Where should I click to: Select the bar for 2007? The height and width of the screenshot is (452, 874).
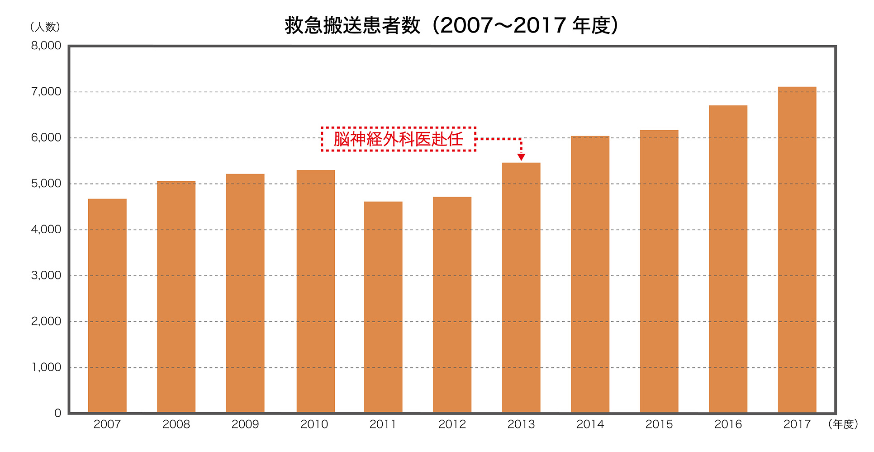[107, 306]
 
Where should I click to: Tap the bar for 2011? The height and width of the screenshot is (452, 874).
[383, 307]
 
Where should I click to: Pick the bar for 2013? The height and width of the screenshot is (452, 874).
[521, 287]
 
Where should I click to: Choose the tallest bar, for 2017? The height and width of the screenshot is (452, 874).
[797, 250]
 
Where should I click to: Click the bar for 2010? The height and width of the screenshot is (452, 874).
[316, 291]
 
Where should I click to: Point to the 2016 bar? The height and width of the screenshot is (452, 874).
[728, 259]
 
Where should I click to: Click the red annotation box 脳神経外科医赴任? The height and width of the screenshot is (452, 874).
[399, 139]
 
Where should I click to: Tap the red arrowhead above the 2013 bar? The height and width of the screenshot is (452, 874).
[521, 157]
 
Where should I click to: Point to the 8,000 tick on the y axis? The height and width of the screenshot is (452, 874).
[46, 46]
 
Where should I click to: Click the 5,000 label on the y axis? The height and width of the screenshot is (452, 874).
[46, 184]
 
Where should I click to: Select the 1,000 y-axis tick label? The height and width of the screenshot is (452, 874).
[46, 367]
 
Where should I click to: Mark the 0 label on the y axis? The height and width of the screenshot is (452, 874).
[57, 413]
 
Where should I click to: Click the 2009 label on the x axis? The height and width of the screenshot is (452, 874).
[245, 424]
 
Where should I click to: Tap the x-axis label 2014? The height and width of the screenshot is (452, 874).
[590, 424]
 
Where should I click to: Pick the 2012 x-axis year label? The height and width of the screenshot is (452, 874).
[452, 424]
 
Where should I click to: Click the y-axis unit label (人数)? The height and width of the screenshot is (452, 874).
[45, 27]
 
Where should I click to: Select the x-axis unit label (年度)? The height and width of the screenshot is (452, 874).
[843, 424]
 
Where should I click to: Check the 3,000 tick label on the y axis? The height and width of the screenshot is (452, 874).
[46, 275]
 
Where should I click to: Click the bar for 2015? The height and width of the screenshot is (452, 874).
[659, 271]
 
